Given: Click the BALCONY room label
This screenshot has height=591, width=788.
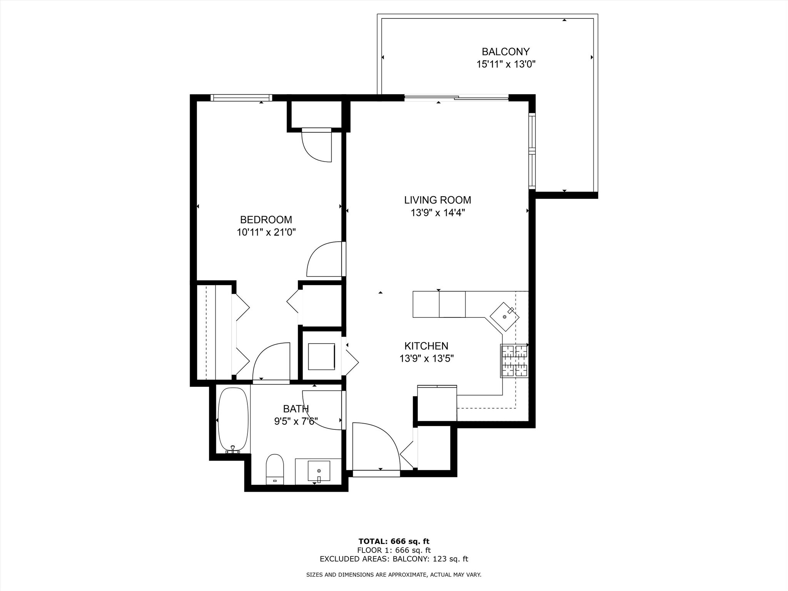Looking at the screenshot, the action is [x=506, y=52].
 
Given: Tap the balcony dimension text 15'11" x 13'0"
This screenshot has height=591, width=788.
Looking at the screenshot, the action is [x=506, y=64].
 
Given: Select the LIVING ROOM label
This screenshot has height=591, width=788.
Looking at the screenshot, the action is [x=437, y=200].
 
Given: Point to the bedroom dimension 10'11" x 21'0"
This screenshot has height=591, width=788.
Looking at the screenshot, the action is [x=266, y=232].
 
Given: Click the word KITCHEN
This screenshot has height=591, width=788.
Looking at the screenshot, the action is [x=426, y=346].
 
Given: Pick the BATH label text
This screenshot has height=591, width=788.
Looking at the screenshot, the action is [x=296, y=409].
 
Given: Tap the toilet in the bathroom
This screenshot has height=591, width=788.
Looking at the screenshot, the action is [x=275, y=469].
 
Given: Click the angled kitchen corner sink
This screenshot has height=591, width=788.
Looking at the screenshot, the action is [x=504, y=317].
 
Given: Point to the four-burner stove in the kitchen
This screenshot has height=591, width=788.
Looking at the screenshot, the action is [x=514, y=361].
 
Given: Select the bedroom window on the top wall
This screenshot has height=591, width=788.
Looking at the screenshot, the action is [x=241, y=98].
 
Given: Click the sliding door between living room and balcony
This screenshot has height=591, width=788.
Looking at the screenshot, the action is [x=456, y=98].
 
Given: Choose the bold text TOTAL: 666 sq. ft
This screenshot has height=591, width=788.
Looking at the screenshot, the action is [x=394, y=542].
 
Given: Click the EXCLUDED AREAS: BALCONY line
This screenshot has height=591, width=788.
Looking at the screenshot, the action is [x=394, y=559].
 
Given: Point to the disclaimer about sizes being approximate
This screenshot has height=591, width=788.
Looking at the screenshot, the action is [x=394, y=575].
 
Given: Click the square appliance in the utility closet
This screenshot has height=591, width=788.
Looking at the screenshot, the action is [x=321, y=357].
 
